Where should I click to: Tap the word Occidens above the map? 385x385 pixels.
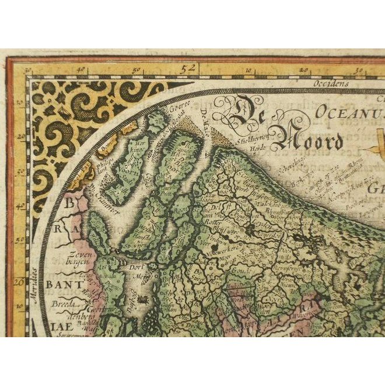pos(329,83)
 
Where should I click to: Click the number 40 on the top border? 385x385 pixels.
pos(79,72)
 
